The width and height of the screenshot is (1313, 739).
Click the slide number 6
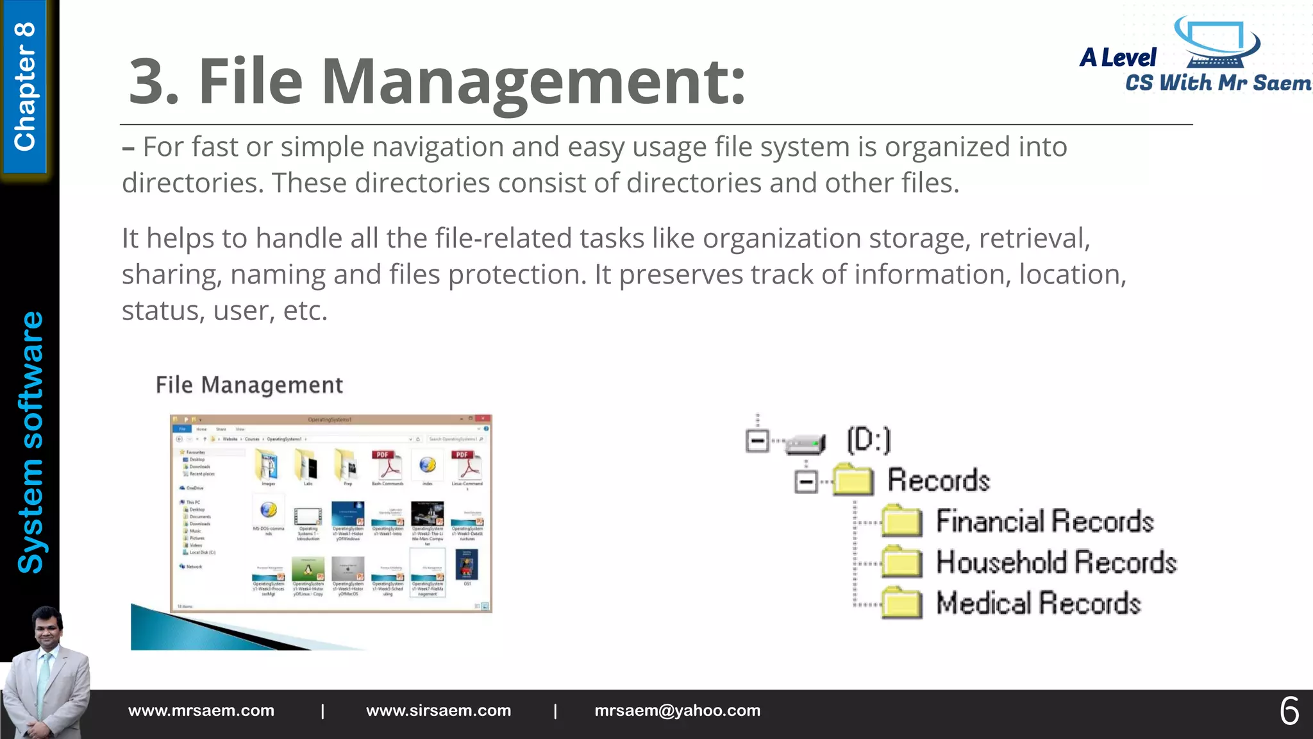(1289, 711)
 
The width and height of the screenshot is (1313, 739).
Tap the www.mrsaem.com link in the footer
(201, 711)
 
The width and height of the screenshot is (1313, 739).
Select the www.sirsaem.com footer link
(439, 711)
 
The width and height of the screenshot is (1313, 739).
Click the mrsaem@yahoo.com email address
(677, 711)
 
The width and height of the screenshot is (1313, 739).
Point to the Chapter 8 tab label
(25, 87)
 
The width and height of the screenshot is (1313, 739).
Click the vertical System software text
(30, 443)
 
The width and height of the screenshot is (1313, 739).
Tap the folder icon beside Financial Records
(902, 521)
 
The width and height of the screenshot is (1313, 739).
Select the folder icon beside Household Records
(902, 562)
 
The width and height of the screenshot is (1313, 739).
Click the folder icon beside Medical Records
(902, 603)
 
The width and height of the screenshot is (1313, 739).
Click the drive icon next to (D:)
(806, 443)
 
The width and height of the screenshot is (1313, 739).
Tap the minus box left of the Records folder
(806, 481)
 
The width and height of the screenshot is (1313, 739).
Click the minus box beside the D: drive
(757, 441)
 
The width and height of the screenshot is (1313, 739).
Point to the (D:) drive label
(869, 440)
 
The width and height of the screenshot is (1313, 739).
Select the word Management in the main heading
(533, 81)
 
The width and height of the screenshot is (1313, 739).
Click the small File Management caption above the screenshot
(249, 385)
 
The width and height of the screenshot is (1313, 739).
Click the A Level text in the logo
(1118, 58)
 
